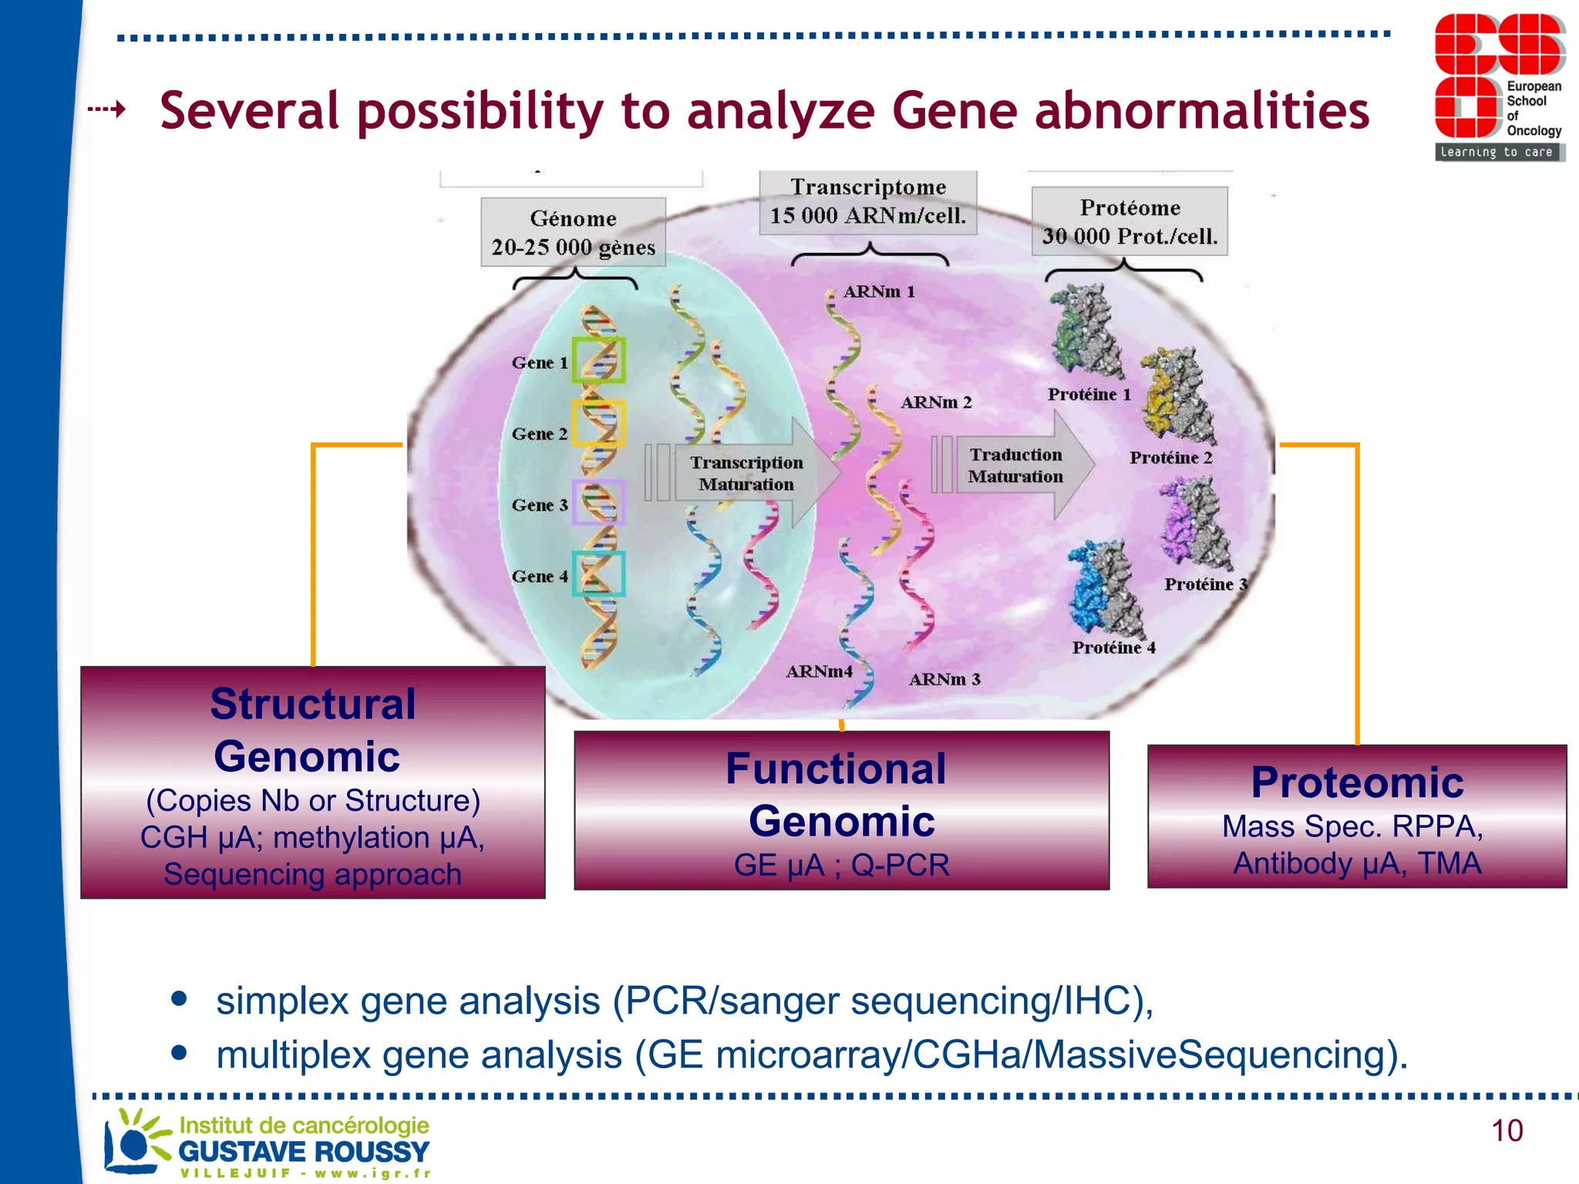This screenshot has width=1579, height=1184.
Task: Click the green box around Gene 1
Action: tap(598, 360)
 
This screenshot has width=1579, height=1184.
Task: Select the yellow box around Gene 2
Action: tap(598, 423)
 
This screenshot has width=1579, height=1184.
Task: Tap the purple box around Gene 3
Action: tap(598, 503)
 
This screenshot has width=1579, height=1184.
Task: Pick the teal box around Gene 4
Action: tap(598, 573)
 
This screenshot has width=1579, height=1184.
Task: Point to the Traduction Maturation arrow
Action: tap(1018, 466)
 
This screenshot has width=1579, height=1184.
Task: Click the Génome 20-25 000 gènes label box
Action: tap(573, 232)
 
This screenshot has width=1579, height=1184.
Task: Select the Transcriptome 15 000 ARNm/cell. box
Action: tap(868, 202)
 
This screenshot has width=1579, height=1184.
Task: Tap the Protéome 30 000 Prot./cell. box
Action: tap(1130, 221)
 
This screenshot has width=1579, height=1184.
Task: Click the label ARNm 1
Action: tap(879, 291)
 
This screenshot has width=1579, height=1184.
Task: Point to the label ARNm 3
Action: tap(944, 679)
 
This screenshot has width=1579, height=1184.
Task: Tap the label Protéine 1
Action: tap(1089, 395)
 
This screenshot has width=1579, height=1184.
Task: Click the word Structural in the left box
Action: tap(313, 704)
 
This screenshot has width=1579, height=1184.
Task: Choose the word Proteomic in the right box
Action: tap(1357, 782)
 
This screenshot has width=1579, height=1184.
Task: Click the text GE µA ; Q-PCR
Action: tap(841, 865)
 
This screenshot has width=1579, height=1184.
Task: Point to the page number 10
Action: tap(1507, 1131)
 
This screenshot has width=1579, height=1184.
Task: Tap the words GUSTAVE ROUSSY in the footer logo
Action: tap(304, 1152)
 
